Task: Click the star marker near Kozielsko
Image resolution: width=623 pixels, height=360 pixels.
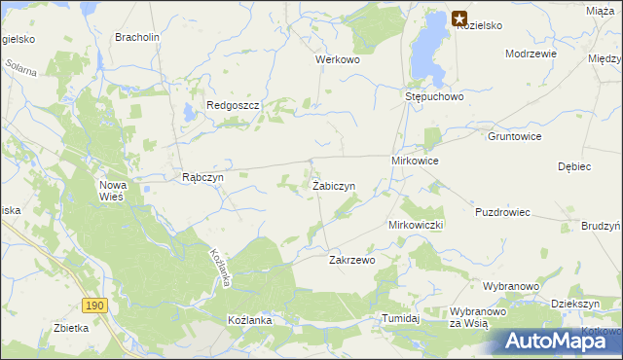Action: tap(459, 18)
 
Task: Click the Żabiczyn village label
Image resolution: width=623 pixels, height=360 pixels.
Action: tap(333, 185)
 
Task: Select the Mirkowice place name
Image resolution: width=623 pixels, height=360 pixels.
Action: tap(416, 160)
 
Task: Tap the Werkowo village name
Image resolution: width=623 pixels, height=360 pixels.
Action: tap(338, 59)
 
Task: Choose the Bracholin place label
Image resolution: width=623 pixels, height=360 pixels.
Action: tap(137, 37)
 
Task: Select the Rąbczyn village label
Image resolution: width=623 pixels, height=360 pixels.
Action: tap(203, 178)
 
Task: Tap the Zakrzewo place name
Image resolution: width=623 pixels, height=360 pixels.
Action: tap(352, 260)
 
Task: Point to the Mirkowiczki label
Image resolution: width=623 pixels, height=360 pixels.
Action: tap(417, 225)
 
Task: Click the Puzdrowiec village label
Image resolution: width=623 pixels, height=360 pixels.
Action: tap(502, 212)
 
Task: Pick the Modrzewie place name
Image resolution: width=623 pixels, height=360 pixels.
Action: tap(531, 54)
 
